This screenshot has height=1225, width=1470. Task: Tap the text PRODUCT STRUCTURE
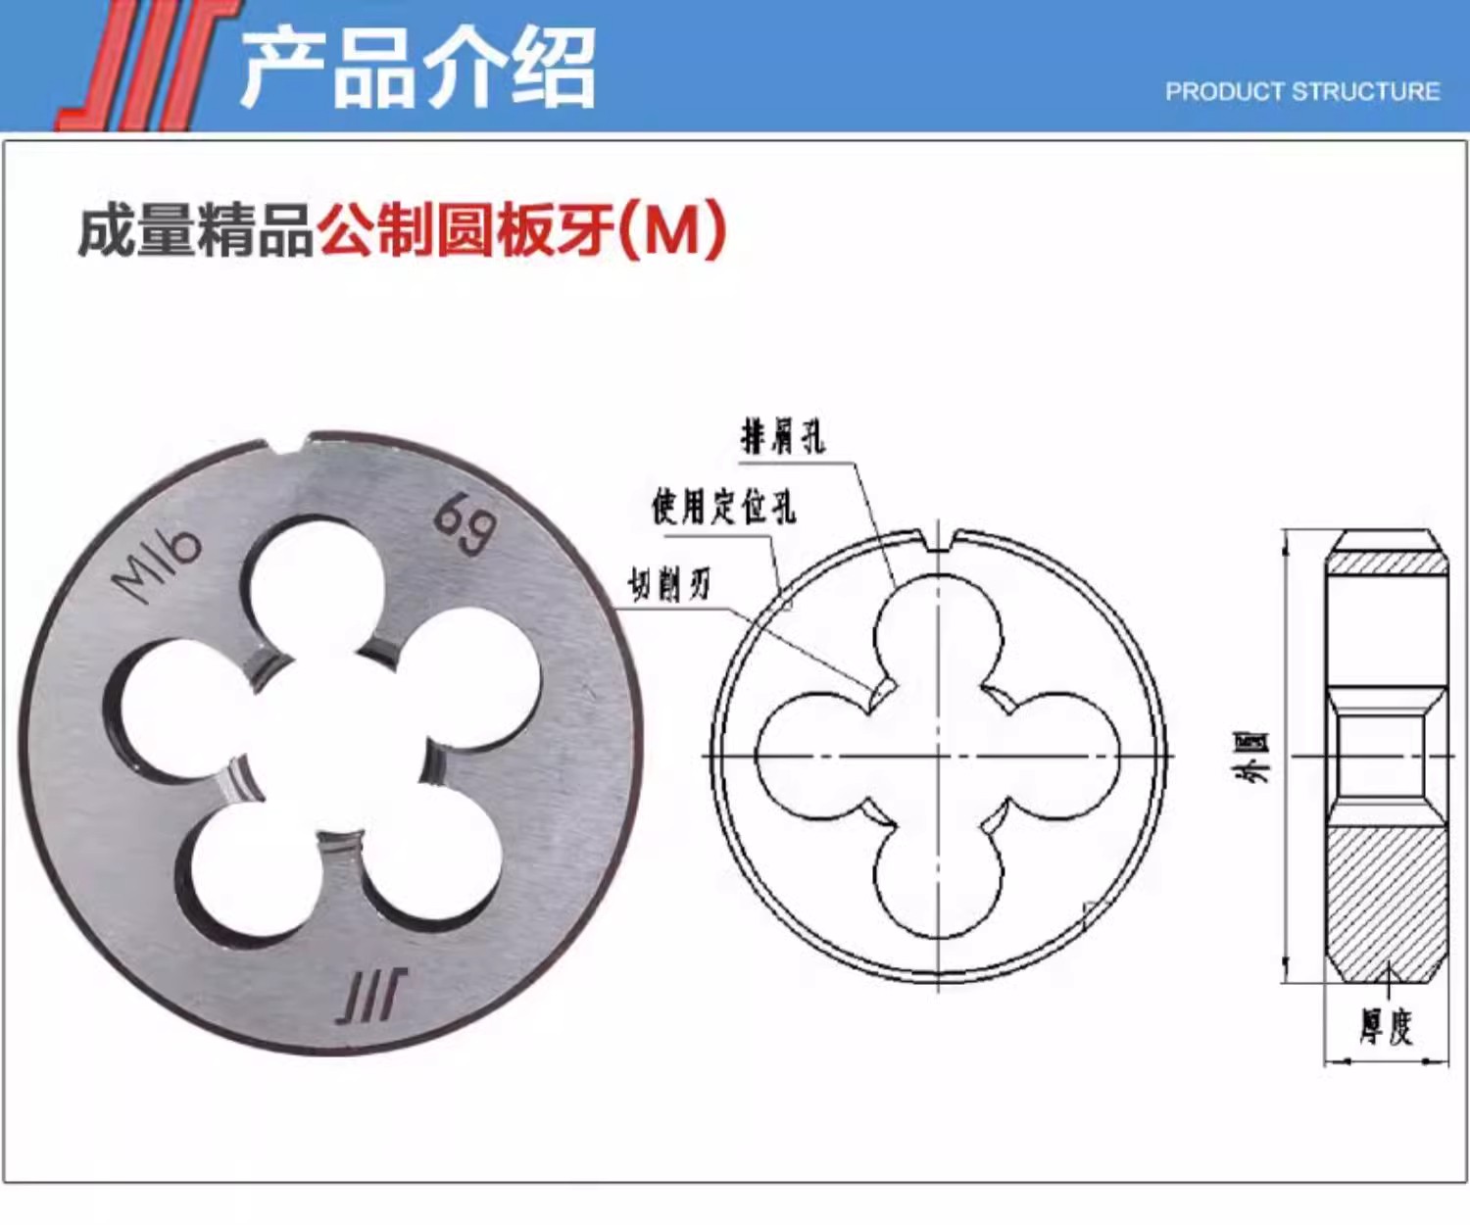[1302, 91]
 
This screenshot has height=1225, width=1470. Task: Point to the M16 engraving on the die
[156, 564]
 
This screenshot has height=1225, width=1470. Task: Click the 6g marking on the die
[465, 523]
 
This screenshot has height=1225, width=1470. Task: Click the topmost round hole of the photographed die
[313, 589]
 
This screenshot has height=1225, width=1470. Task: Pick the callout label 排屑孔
[782, 437]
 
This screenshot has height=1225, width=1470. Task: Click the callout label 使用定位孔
[723, 507]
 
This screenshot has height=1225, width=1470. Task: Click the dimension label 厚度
[1386, 1026]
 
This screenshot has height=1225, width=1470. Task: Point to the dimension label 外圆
[1259, 757]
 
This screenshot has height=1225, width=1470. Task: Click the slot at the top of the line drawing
[939, 541]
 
